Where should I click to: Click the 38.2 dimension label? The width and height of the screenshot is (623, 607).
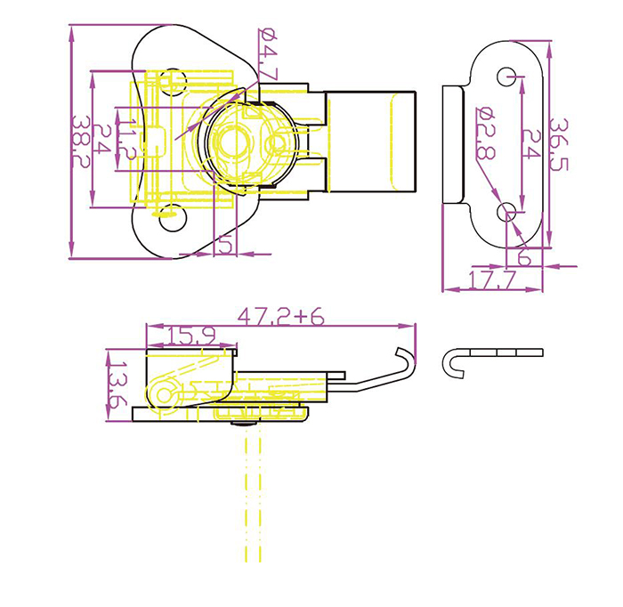[x=81, y=142]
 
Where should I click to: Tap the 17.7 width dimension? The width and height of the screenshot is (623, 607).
[x=492, y=281]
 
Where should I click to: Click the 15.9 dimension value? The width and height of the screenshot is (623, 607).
[x=190, y=336]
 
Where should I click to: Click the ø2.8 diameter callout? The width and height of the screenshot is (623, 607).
[x=485, y=134]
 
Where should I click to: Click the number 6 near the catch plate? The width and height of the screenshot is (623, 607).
[x=523, y=258]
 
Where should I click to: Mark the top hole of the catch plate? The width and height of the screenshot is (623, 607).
[x=506, y=75]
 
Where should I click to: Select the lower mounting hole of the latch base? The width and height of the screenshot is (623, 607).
[x=168, y=214]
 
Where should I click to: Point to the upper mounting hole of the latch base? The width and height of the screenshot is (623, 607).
[x=175, y=83]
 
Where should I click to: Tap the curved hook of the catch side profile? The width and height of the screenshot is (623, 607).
[x=451, y=363]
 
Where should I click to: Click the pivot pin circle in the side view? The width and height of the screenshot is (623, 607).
[x=164, y=393]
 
